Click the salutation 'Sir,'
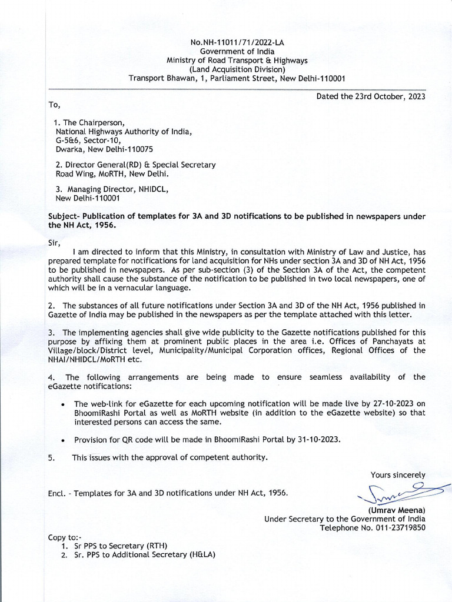pyautogui.click(x=54, y=241)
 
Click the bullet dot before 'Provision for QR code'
pyautogui.click(x=63, y=440)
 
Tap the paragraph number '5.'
pyautogui.click(x=52, y=457)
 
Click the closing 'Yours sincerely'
pyautogui.click(x=397, y=475)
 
